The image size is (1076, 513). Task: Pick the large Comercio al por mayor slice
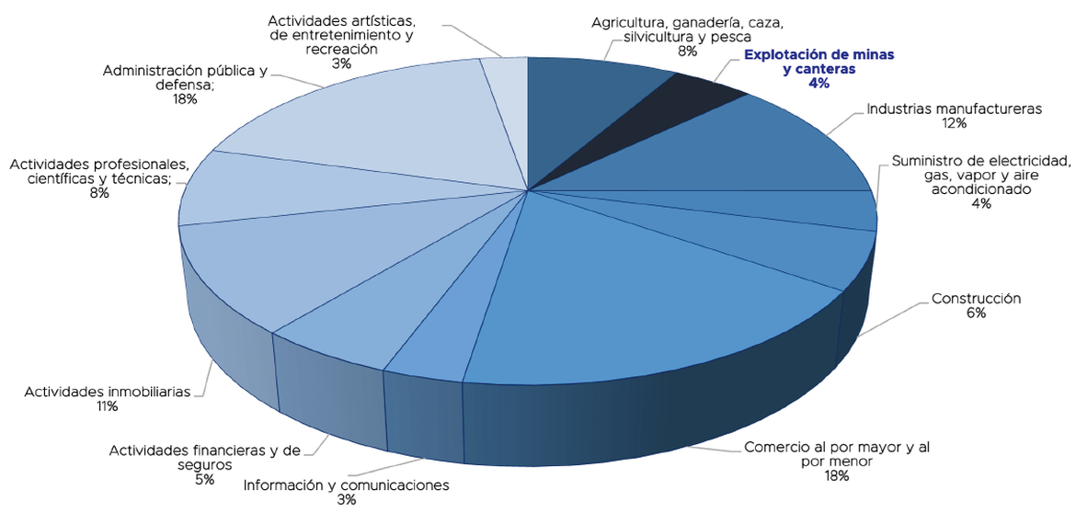(644, 294)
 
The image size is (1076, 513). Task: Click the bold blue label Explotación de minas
(818, 62)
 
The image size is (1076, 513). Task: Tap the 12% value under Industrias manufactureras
(954, 123)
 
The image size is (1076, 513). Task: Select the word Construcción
(976, 299)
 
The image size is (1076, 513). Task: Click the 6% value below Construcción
(976, 313)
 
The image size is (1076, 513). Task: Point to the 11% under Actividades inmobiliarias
(108, 406)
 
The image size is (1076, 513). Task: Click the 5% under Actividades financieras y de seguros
(204, 479)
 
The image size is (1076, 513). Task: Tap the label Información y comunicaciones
(346, 484)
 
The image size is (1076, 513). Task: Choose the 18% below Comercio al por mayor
(836, 476)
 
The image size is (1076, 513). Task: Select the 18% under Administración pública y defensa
(185, 99)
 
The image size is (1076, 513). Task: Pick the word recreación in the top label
(341, 50)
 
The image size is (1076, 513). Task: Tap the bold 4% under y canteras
(818, 84)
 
